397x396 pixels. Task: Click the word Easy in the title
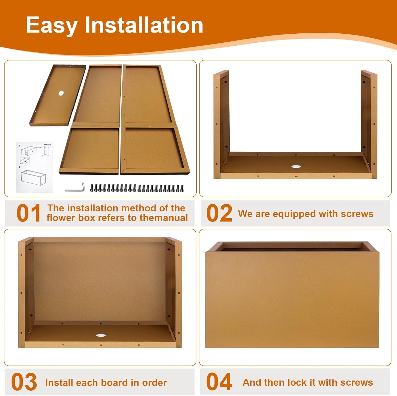coord(52,25)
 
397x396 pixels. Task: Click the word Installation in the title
coord(144,25)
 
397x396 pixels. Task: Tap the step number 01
coord(29,213)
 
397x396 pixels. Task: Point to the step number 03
coord(24,382)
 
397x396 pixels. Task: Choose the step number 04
coord(219,382)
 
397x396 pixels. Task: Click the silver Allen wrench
coord(75,188)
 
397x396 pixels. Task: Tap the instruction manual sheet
coord(34,167)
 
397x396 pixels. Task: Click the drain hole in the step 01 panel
coord(61,93)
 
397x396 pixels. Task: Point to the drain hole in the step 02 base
coord(296,166)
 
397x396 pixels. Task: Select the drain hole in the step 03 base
coord(101,335)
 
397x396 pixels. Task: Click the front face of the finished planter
coord(292,300)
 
